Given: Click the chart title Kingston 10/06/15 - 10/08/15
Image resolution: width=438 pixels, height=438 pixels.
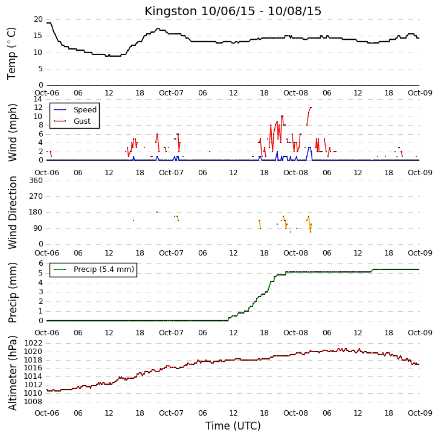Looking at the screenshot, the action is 233,11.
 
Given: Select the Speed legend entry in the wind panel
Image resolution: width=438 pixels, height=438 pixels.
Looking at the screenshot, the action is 75,110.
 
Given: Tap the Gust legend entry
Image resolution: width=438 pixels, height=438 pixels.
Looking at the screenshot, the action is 72,121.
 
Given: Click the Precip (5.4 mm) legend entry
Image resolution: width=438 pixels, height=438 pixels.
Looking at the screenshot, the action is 94,269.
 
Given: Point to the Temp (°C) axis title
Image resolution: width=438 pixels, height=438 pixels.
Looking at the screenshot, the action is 11,53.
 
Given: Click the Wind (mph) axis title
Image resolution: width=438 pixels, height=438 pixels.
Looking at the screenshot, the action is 13,133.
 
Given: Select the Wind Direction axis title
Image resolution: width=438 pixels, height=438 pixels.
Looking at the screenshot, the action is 13,213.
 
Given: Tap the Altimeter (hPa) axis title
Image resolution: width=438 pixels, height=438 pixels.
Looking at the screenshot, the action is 13,373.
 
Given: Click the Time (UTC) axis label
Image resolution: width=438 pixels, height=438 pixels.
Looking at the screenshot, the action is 233,426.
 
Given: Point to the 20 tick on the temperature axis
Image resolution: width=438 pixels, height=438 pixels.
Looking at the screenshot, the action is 38,19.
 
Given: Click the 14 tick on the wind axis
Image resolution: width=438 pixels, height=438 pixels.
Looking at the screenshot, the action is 38,99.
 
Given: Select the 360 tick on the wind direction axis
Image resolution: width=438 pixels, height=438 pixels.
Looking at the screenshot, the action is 36,181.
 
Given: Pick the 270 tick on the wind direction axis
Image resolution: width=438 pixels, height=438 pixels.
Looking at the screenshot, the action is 36,196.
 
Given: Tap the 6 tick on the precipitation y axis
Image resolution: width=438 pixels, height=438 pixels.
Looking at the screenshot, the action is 41,263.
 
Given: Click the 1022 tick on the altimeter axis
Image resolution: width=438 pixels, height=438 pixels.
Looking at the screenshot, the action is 33,343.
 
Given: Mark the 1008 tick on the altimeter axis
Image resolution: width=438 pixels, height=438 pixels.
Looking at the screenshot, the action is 33,402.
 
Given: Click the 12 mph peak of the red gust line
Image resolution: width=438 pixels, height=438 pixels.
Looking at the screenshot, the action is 311,108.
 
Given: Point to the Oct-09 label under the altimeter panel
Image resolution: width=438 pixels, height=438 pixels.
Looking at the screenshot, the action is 420,413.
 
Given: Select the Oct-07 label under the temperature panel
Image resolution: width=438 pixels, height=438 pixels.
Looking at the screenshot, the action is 171,93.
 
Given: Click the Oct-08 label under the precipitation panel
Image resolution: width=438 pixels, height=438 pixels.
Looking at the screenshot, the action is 295,333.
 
